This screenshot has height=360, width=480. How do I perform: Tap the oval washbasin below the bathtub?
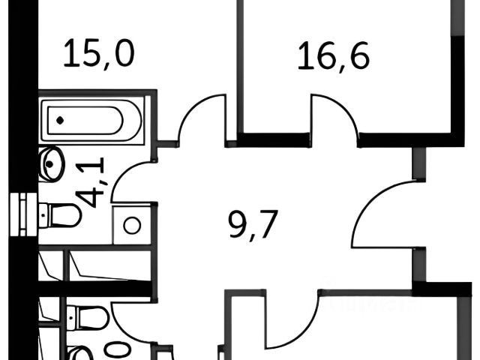tap(52, 164)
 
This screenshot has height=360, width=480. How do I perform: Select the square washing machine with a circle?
tap(133, 225)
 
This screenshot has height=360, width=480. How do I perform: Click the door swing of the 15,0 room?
tap(201, 118)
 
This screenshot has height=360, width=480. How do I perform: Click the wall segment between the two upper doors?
tap(273, 139)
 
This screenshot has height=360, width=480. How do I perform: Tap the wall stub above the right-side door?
tap(417, 163)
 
